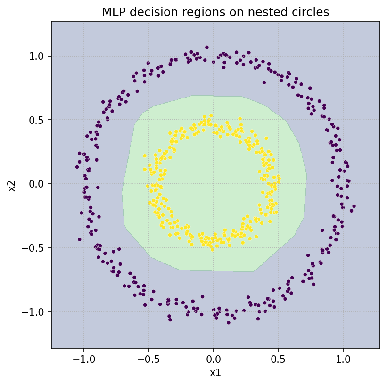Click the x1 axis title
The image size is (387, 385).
coord(215,373)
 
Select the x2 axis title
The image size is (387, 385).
coord(13,184)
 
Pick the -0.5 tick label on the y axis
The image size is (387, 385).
coord(34,248)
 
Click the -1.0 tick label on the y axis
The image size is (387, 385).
coord(34,311)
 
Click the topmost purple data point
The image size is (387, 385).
coord(206,47)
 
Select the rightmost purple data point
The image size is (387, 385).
coord(354,206)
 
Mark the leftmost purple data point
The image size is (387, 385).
coord(77,167)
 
